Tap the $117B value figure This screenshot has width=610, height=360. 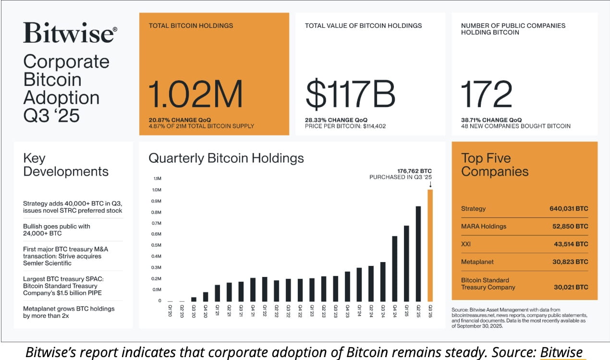350,94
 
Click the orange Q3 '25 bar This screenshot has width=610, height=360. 430,245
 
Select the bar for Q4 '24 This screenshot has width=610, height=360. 394,268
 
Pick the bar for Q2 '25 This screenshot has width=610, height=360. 418,253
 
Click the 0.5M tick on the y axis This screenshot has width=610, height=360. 157,245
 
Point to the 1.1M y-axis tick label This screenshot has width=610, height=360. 157,179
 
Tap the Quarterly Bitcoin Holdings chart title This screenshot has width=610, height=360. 226,158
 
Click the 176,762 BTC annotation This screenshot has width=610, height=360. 414,170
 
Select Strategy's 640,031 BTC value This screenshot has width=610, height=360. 568,209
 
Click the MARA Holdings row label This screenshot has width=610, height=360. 483,226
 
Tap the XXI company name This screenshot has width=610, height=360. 465,244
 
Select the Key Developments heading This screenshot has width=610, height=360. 66,165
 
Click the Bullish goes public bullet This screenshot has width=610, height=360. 57,229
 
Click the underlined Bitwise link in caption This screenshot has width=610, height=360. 561,352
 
